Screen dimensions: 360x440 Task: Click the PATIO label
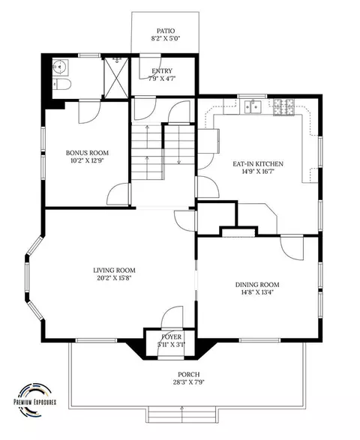pyautogui.click(x=166, y=31)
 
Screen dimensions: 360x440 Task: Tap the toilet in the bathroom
pyautogui.click(x=61, y=84)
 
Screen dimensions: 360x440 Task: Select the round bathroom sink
pyautogui.click(x=59, y=67)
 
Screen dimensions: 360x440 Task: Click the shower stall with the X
pyautogui.click(x=116, y=77)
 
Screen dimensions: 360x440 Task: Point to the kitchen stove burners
pyautogui.click(x=283, y=107)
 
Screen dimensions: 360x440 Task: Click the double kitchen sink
pyautogui.click(x=253, y=107)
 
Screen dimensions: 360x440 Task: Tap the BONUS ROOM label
pyautogui.click(x=87, y=153)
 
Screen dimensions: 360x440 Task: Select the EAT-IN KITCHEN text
pyautogui.click(x=258, y=164)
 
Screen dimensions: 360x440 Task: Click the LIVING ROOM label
pyautogui.click(x=114, y=271)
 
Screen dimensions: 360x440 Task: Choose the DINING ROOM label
pyautogui.click(x=257, y=285)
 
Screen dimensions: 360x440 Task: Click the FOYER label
pyautogui.click(x=171, y=337)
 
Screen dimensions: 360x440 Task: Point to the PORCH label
pyautogui.click(x=189, y=374)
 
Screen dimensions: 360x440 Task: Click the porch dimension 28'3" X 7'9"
pyautogui.click(x=189, y=382)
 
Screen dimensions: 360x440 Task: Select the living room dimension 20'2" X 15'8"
pyautogui.click(x=114, y=278)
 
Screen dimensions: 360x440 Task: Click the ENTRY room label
pyautogui.click(x=162, y=71)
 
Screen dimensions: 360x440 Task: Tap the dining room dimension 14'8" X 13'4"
pyautogui.click(x=257, y=292)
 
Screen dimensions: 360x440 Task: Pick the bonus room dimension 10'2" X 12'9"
pyautogui.click(x=87, y=160)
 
